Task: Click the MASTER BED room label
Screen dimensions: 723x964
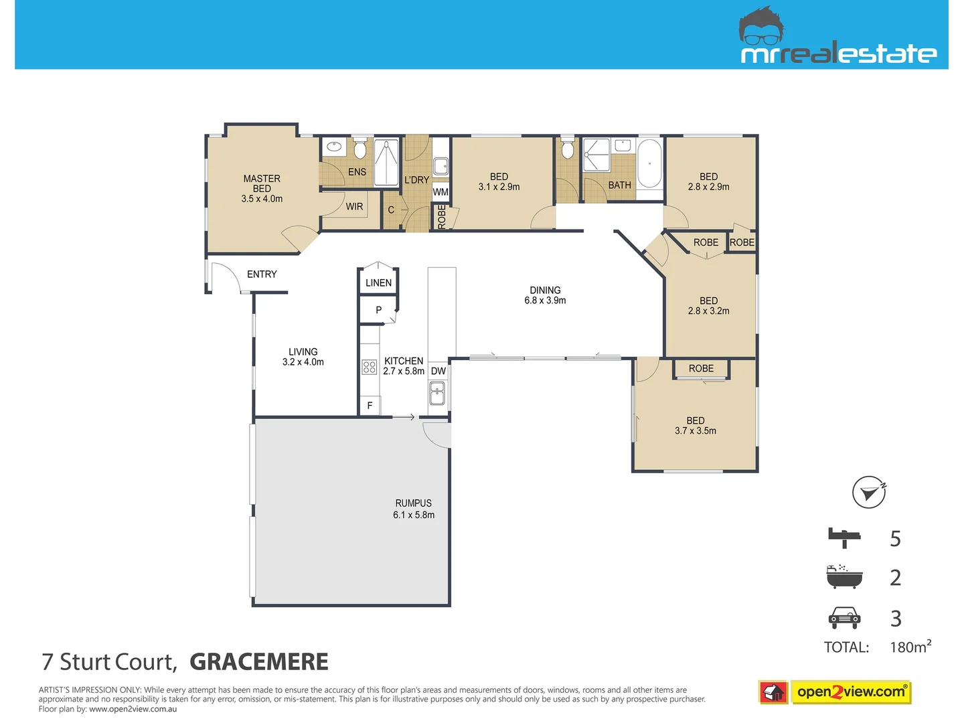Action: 262,188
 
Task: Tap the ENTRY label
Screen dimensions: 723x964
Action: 262,274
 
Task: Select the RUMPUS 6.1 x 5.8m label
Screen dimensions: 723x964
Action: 414,509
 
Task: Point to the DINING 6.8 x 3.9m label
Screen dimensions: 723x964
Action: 545,295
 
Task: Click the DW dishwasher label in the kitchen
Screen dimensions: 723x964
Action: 438,371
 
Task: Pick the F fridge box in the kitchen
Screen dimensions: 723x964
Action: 370,406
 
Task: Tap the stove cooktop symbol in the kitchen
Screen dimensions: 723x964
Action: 370,367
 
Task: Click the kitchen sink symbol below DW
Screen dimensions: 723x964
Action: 437,393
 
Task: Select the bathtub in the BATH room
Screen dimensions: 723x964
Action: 649,163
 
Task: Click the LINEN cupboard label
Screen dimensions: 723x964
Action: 378,283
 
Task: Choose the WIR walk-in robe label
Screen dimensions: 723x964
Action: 354,207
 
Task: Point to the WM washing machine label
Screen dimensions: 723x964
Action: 440,192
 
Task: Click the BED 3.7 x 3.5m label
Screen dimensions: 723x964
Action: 696,426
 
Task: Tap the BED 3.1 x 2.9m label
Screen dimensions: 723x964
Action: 499,182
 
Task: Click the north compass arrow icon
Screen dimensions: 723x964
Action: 869,493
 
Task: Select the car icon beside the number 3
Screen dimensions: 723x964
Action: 844,618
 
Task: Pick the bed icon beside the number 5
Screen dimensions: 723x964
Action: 844,537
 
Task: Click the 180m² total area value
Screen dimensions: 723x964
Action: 910,647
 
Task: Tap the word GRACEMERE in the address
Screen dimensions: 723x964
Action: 259,662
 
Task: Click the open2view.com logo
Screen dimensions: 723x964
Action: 850,692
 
